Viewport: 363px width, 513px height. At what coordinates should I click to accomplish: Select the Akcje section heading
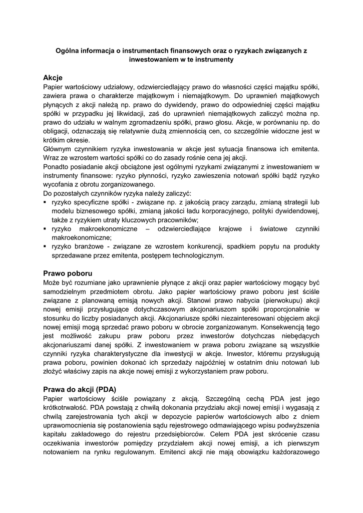point(53,78)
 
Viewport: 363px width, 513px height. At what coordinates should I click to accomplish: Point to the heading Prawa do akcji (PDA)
point(80,389)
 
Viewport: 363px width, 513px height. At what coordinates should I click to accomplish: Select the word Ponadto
point(57,167)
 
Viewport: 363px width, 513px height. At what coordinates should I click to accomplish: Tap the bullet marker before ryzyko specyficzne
point(45,202)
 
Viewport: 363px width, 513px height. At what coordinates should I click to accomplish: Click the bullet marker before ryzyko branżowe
point(45,247)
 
